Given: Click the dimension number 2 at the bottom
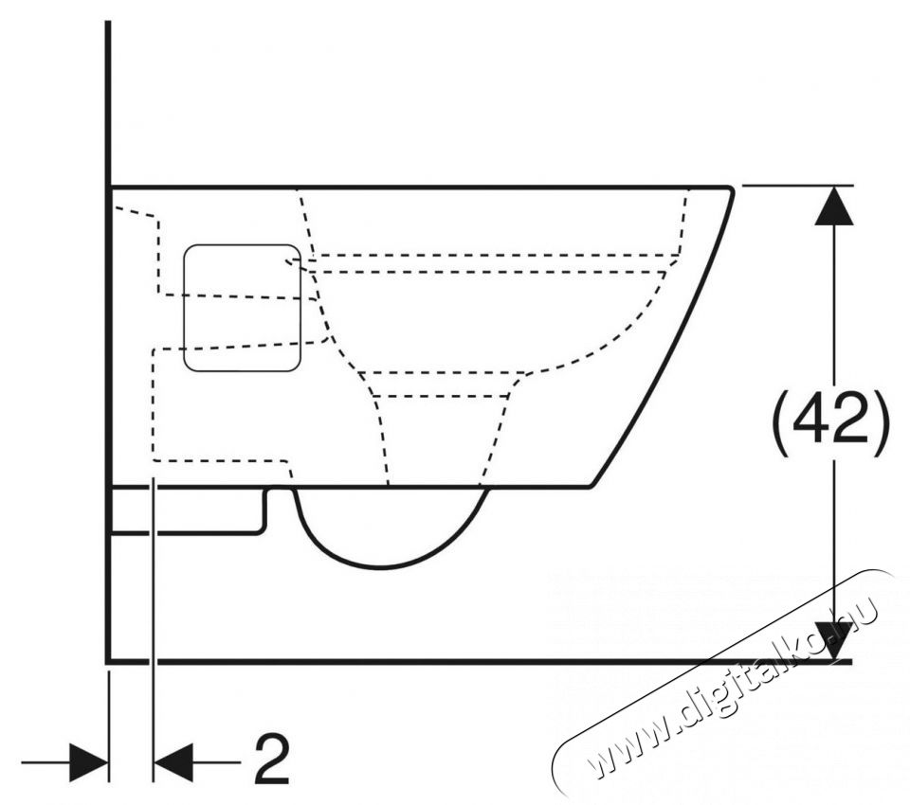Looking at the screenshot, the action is click(272, 760).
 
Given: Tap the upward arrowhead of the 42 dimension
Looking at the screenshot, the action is click(834, 206).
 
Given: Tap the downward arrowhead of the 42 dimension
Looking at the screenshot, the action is click(834, 641).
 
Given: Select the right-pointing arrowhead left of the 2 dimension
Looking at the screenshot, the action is click(88, 762).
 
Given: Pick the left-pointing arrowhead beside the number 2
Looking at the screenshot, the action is click(173, 762).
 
